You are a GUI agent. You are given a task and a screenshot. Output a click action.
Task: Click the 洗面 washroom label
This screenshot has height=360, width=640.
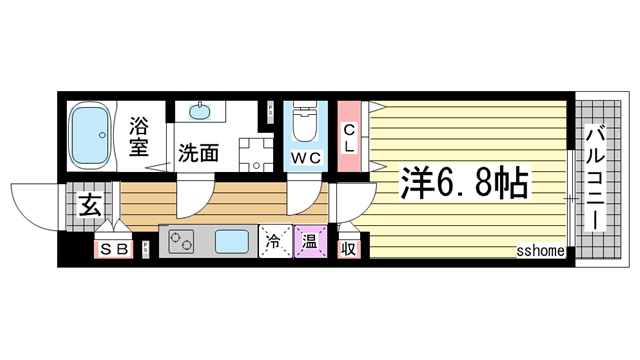coord(198,154)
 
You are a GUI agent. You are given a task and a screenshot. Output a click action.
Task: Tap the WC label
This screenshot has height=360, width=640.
coord(306,158)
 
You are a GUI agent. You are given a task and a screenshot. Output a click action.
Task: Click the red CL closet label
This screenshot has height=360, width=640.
coord(349,138)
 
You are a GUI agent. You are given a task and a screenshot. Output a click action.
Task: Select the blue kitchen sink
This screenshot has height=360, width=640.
coord(232,242)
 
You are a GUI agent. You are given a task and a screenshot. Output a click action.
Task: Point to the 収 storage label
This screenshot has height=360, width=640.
coord(349,248)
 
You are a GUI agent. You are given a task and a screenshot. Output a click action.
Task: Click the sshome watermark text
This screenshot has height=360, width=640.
coord(542,251)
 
